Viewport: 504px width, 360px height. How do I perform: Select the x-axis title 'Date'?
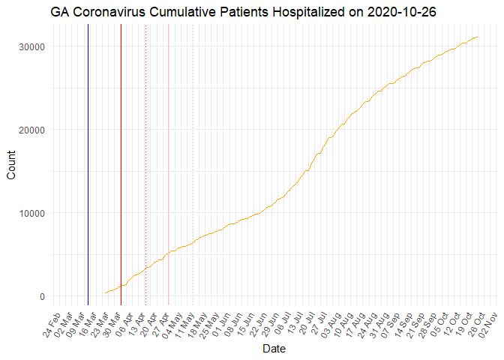(272, 349)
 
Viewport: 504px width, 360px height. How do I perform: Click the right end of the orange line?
(477, 37)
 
